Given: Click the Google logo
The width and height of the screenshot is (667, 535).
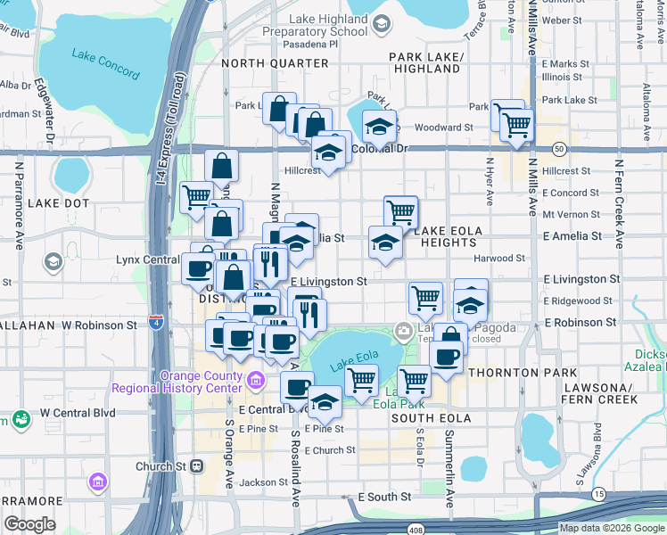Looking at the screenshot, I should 29,524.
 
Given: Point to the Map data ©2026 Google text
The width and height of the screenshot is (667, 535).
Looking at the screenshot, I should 611,529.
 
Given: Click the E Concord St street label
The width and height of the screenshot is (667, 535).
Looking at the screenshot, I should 566,193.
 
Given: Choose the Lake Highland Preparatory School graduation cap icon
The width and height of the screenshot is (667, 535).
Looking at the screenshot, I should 381,24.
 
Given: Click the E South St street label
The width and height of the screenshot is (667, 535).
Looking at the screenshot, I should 383,497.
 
